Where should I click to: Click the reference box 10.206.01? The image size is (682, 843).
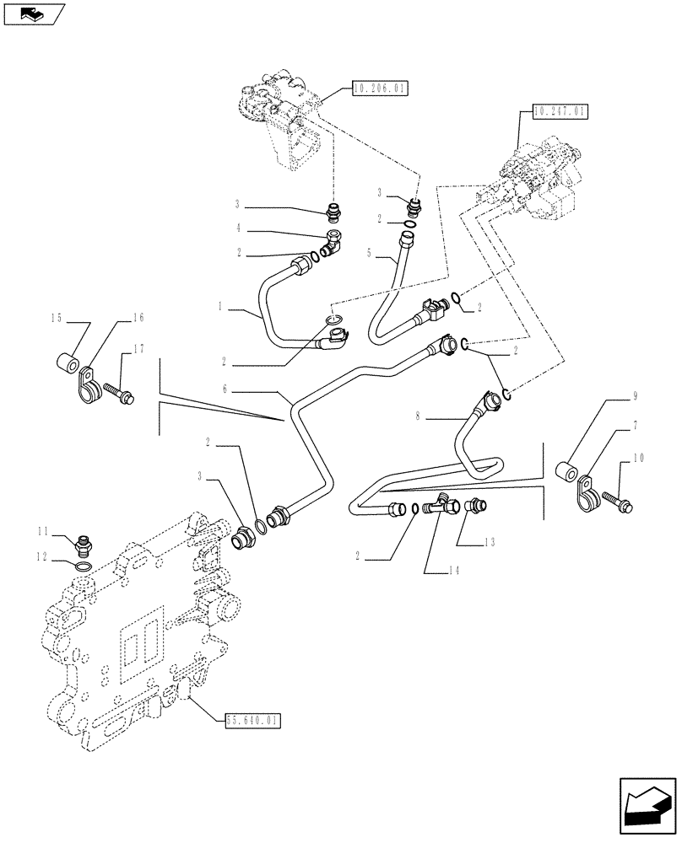[376, 88]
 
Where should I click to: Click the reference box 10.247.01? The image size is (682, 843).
[560, 110]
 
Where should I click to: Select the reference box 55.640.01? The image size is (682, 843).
[253, 720]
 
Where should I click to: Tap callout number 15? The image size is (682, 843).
[56, 318]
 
